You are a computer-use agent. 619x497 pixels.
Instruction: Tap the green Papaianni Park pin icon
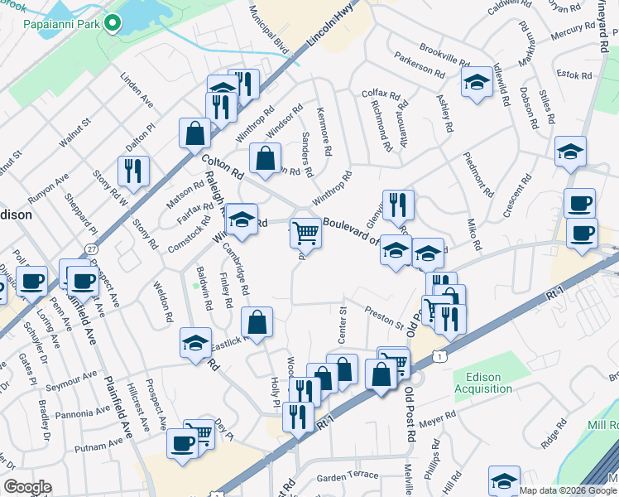[113, 23]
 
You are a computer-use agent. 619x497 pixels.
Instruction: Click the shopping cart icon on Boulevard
[305, 234]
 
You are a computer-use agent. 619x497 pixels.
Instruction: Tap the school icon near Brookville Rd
[475, 83]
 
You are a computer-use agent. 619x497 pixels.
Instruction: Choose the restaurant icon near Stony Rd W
[133, 171]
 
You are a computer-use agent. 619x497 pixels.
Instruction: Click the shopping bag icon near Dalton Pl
[194, 133]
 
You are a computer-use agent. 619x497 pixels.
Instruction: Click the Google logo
[26, 487]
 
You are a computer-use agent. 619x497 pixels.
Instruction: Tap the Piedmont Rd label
[479, 173]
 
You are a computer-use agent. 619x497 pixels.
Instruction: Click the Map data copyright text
[558, 490]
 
